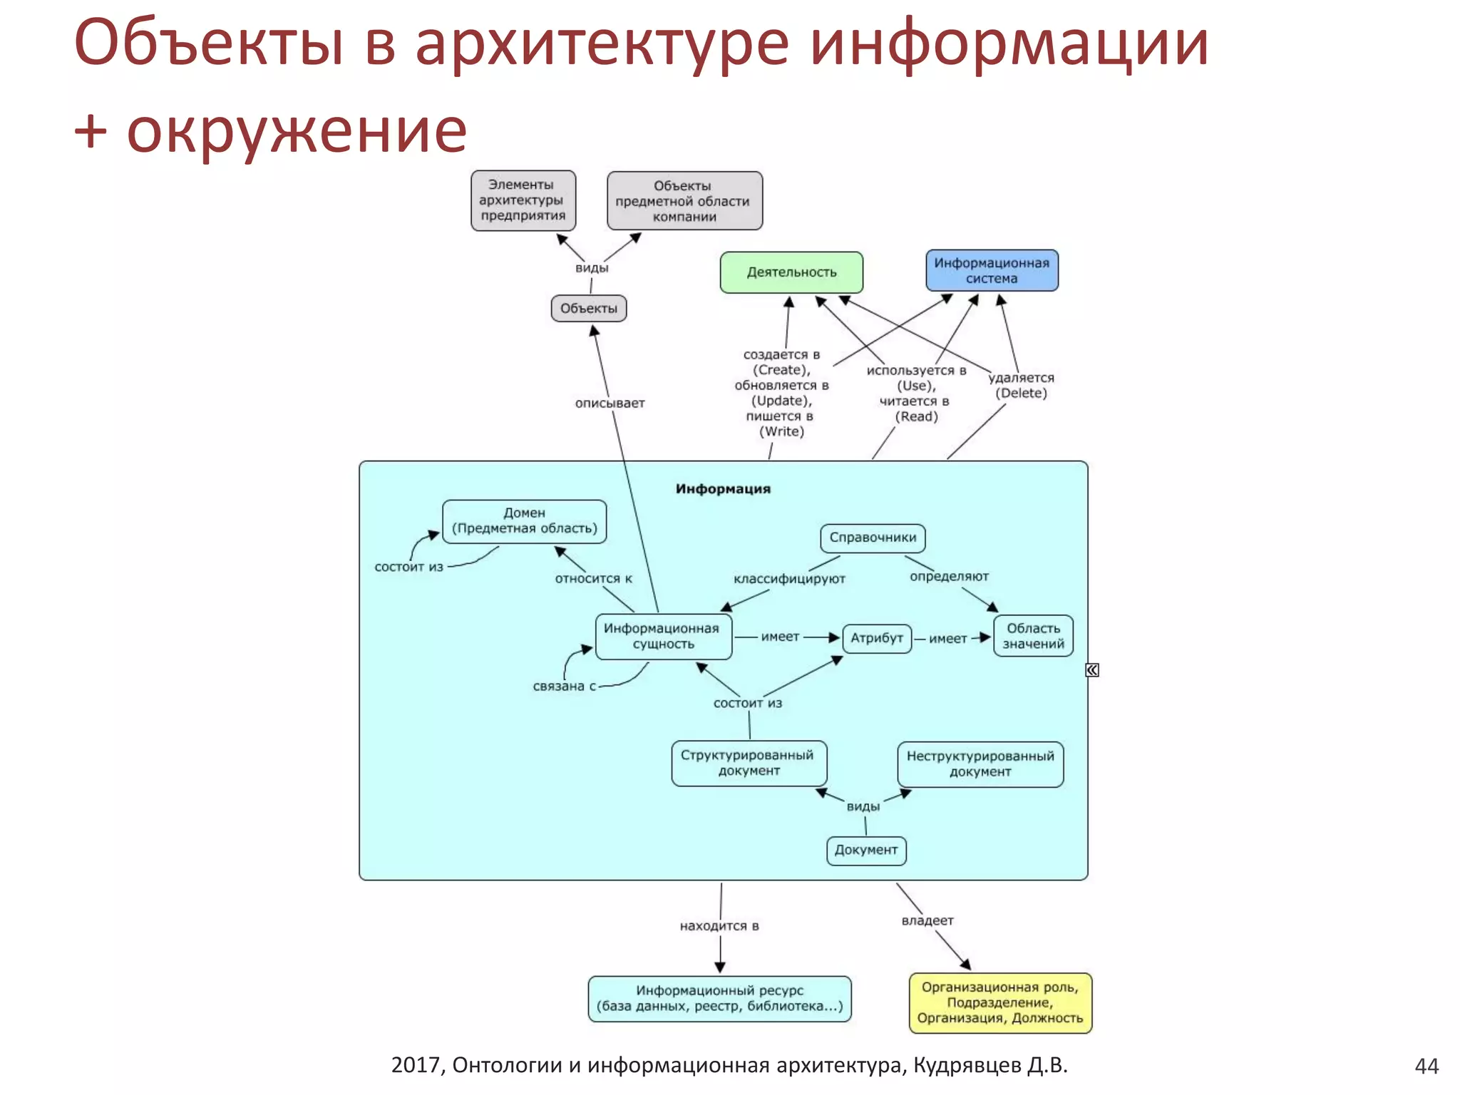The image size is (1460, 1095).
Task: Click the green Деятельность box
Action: point(791,272)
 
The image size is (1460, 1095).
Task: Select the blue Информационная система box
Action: point(992,271)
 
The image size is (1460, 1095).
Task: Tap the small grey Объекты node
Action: point(589,309)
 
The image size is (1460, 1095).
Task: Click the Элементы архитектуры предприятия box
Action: point(523,200)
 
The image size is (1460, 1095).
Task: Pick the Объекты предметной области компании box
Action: point(684,201)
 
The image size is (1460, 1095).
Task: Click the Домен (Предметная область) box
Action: point(525,521)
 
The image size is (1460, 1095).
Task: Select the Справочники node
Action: point(873,538)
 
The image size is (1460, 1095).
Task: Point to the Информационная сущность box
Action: point(663,637)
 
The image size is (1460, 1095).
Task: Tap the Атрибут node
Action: point(877,638)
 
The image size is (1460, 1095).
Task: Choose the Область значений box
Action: point(1033,636)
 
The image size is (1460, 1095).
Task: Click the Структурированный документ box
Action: point(749,764)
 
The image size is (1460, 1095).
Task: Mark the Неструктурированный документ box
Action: point(980,764)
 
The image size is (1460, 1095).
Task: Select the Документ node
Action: point(866,850)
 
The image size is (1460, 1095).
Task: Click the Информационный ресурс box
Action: point(719,999)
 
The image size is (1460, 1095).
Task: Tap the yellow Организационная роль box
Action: point(1000,1003)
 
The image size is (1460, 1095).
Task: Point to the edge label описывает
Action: point(610,403)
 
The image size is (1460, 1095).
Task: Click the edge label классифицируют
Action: point(789,579)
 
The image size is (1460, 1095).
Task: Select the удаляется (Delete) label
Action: point(1021,386)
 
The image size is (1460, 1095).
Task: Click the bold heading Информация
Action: point(723,489)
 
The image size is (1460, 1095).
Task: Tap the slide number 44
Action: point(1426,1066)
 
